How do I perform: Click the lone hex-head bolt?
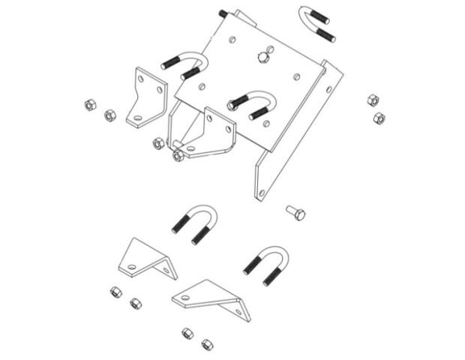point(295,212)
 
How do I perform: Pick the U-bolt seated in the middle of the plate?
point(250,104)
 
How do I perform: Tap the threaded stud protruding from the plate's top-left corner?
point(223,14)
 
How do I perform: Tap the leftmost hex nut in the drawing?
point(89,105)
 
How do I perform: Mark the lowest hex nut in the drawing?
point(206,344)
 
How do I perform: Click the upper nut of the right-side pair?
point(372,100)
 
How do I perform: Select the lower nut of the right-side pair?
point(379,118)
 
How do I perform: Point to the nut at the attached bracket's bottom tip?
point(178,156)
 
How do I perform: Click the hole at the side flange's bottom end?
point(262,193)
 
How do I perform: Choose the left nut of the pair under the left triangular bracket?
point(115,291)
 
